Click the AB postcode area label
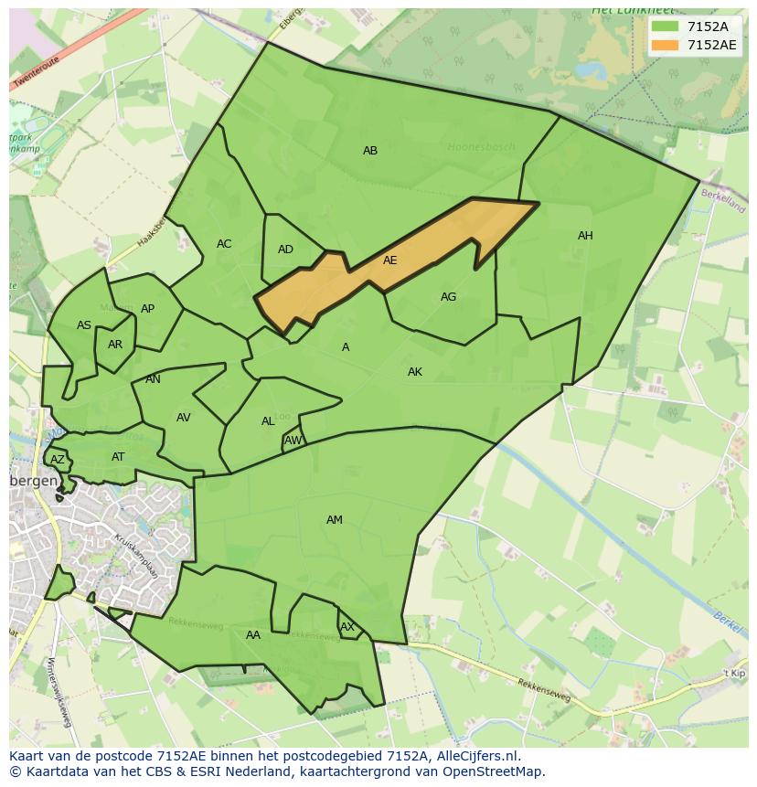(x=370, y=151)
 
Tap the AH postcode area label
(x=585, y=236)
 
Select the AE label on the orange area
(x=390, y=261)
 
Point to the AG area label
(x=448, y=297)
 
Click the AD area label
(x=285, y=250)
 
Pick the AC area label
(x=224, y=244)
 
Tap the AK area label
(x=415, y=372)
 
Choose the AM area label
(x=335, y=520)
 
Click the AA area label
(x=253, y=635)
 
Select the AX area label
(x=347, y=627)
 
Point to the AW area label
(x=293, y=441)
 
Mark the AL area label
(x=268, y=421)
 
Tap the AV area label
(x=184, y=418)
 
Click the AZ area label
(x=58, y=460)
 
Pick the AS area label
(x=84, y=325)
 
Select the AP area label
(x=147, y=309)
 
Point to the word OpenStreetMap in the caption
(x=496, y=771)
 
